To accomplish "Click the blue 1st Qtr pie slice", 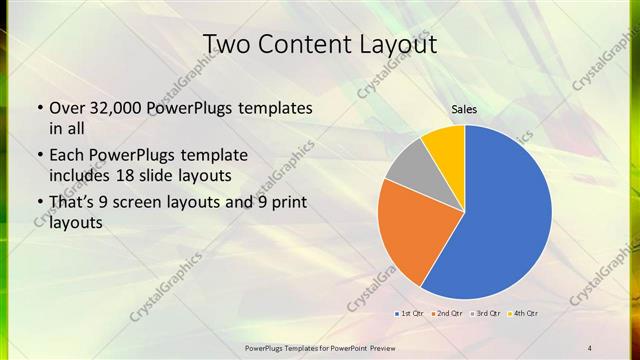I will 505,215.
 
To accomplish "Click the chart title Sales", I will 464,110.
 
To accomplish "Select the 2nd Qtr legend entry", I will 448,314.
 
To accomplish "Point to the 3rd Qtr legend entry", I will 485,314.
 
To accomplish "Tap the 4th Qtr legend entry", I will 523,314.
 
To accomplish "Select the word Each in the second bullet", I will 66,155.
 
